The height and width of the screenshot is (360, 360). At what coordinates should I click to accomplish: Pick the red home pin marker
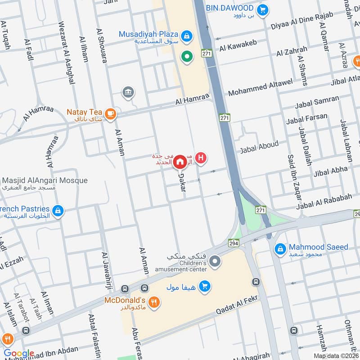point(180,161)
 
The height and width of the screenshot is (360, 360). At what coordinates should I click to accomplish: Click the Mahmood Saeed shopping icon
point(280,248)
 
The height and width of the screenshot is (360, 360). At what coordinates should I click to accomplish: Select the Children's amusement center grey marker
point(216,261)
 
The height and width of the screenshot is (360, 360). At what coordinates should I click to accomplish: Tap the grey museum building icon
point(128,93)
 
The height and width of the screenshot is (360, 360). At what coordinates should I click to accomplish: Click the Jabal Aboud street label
point(259,147)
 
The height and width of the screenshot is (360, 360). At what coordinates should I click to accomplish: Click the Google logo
point(19,353)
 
